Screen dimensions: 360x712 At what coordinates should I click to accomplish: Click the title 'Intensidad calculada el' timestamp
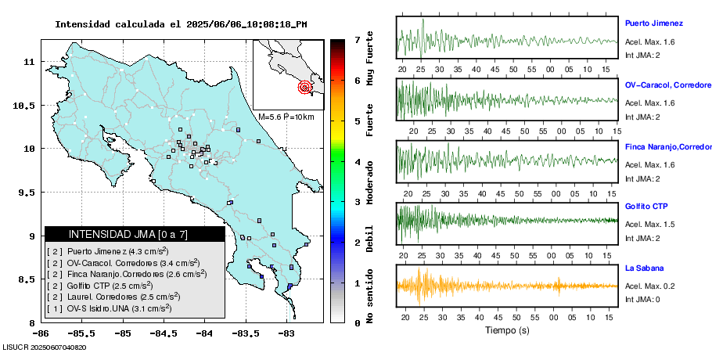[x=181, y=24]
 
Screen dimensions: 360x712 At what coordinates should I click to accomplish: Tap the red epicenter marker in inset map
[x=305, y=88]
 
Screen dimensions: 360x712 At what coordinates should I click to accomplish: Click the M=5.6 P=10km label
[x=286, y=117]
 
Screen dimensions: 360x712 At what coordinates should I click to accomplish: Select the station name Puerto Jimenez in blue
[x=653, y=23]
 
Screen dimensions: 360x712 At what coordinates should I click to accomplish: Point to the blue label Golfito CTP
[x=646, y=206]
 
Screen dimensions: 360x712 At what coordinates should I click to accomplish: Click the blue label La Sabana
[x=643, y=268]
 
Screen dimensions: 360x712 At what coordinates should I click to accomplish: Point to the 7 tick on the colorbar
[x=357, y=39]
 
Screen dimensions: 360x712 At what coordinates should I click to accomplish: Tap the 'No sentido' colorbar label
[x=370, y=293]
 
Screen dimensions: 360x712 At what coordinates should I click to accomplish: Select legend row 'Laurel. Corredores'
[x=113, y=297]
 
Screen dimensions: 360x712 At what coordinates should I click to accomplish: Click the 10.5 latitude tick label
[x=27, y=105]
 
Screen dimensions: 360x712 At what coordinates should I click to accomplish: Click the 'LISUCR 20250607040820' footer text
[x=45, y=347]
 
